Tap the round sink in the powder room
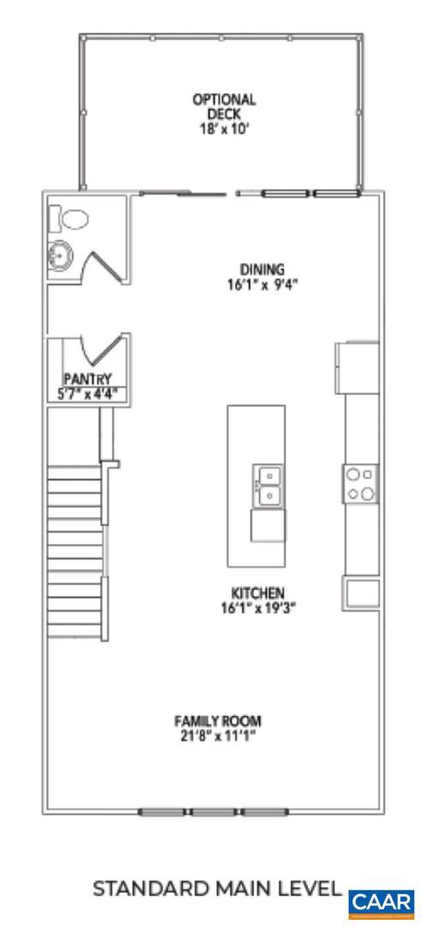[61, 254]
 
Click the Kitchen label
[257, 593]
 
